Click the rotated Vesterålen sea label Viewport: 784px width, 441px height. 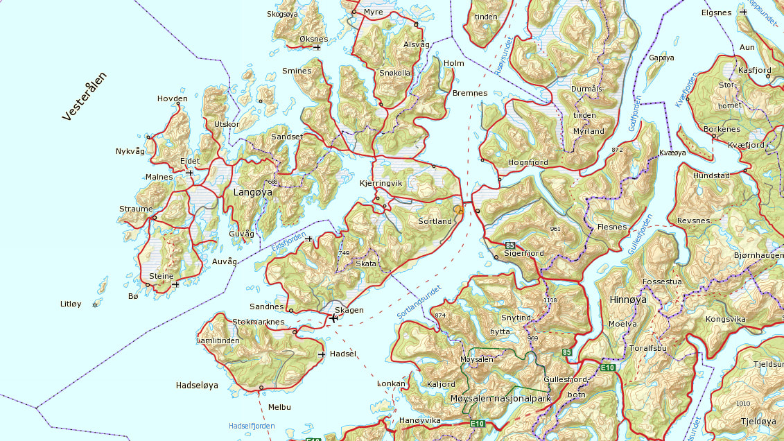click(85, 96)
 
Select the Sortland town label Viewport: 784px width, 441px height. click(435, 222)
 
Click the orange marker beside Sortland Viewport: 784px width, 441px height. click(458, 209)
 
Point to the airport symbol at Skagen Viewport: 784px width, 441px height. click(333, 318)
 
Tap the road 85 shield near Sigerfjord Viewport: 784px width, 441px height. click(511, 245)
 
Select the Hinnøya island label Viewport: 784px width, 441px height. click(627, 300)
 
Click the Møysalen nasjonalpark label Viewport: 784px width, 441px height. click(500, 399)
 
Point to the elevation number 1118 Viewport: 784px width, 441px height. click(550, 300)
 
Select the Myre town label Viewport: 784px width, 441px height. click(373, 12)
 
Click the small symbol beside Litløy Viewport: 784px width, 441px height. click(96, 304)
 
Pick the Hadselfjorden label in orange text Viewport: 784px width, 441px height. click(252, 426)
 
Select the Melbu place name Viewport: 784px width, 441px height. click(279, 407)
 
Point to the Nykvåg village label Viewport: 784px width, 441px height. click(130, 151)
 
